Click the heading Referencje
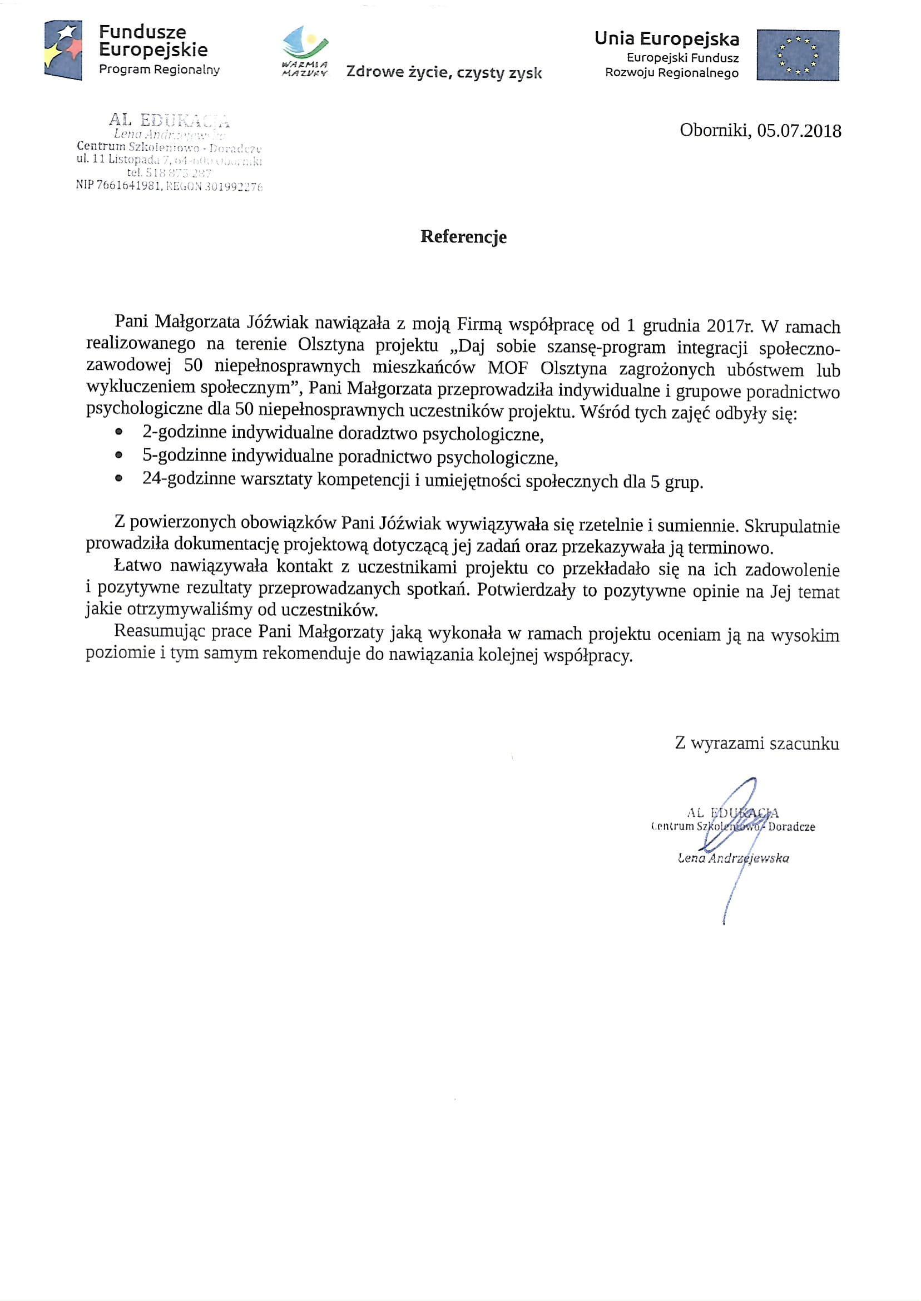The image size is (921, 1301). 463,236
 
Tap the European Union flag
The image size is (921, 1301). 798,56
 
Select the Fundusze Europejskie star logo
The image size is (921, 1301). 63,50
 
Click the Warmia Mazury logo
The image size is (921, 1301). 306,51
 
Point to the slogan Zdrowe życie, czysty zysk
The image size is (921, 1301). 443,73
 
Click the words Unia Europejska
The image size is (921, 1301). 666,38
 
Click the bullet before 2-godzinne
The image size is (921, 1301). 118,432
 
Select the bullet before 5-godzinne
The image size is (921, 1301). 118,455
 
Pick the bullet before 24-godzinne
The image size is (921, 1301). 118,478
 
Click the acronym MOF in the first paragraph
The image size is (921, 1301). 508,368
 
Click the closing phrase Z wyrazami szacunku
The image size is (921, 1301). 756,743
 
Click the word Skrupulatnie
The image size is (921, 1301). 792,526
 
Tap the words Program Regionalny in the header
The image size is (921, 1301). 160,70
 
